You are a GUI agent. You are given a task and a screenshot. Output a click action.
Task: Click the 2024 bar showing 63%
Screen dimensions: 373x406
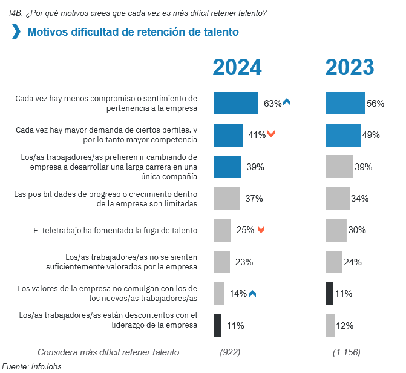[x=236, y=103]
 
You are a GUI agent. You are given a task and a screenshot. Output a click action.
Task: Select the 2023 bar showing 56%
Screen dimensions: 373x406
[x=345, y=103]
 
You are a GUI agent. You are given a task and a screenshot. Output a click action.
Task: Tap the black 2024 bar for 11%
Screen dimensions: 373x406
[x=217, y=325]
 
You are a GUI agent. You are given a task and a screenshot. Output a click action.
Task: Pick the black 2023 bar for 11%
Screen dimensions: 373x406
[x=329, y=293]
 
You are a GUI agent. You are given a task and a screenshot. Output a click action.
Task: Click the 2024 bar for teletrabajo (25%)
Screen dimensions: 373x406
[x=223, y=229]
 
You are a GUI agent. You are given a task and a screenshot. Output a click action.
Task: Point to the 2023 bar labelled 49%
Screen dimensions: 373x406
[x=343, y=135]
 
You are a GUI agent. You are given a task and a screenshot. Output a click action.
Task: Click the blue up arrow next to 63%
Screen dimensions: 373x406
[x=287, y=102]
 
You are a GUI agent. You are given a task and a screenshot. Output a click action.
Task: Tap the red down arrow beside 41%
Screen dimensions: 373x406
[x=271, y=134]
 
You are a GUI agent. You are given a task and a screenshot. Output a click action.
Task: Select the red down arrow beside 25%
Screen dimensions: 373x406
[x=261, y=229]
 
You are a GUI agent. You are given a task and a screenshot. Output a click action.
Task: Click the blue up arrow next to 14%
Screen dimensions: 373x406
[x=252, y=294]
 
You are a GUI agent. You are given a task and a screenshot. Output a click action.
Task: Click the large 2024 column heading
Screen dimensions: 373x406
[x=237, y=67]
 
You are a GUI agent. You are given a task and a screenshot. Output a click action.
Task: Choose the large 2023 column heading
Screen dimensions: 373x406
[x=349, y=67]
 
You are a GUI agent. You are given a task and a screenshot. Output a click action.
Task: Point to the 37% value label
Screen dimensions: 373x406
[x=254, y=199]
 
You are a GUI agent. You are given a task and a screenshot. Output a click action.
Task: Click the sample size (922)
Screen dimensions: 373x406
[x=230, y=352]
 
